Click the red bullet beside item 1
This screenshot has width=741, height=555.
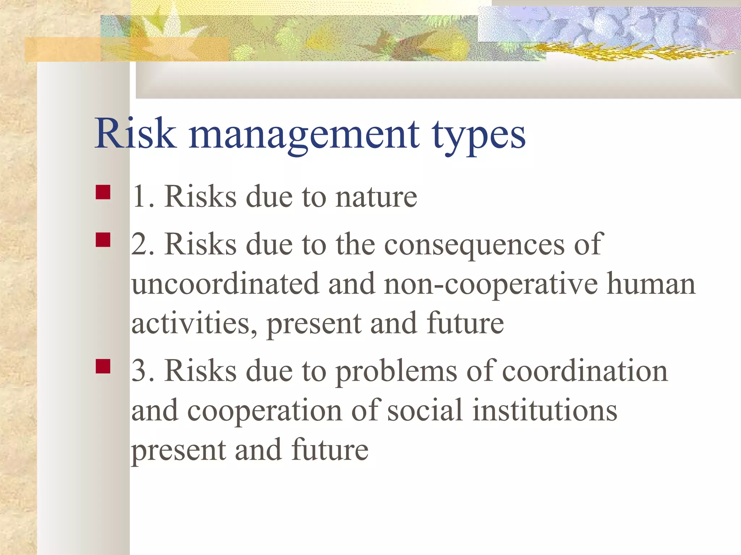[x=103, y=192]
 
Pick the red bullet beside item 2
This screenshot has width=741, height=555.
[x=103, y=240]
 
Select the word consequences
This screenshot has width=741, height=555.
[x=474, y=245]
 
